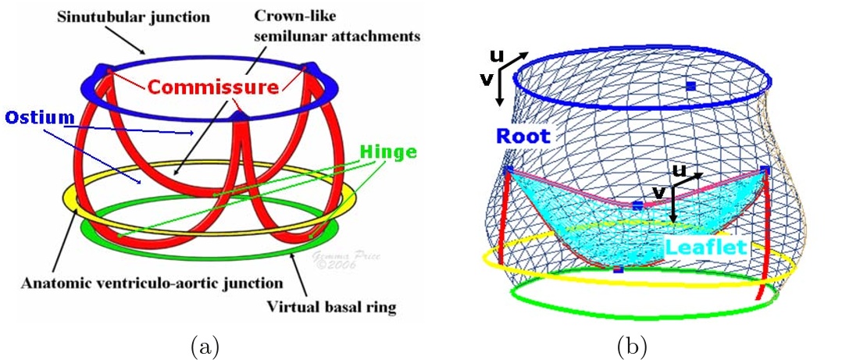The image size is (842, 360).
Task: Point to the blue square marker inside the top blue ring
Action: (x=690, y=85)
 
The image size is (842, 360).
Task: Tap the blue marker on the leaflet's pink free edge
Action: (x=637, y=205)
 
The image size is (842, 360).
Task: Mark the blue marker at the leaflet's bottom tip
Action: (x=618, y=269)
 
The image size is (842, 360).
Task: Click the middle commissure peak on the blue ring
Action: (x=240, y=117)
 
